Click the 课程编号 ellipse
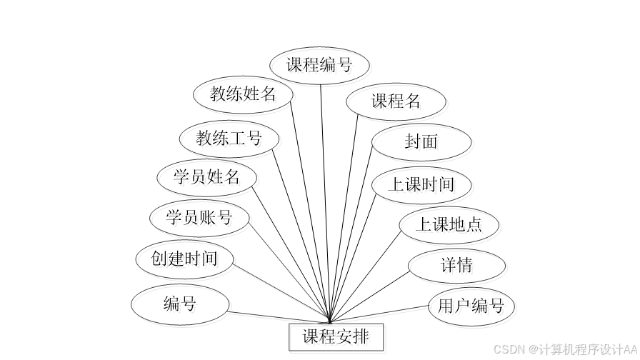[x=319, y=65]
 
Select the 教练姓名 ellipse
[x=243, y=94]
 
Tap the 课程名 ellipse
[x=396, y=101]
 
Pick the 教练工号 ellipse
[x=229, y=138]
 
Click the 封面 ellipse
[x=421, y=141]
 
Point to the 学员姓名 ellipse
[x=206, y=176]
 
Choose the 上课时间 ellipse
[x=421, y=184]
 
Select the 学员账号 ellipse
[x=199, y=217]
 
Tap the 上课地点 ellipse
[x=449, y=225]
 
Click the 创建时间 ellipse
[x=184, y=258]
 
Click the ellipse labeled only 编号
[x=180, y=304]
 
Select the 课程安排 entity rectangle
[x=336, y=336]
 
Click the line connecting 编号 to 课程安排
[x=279, y=317]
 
